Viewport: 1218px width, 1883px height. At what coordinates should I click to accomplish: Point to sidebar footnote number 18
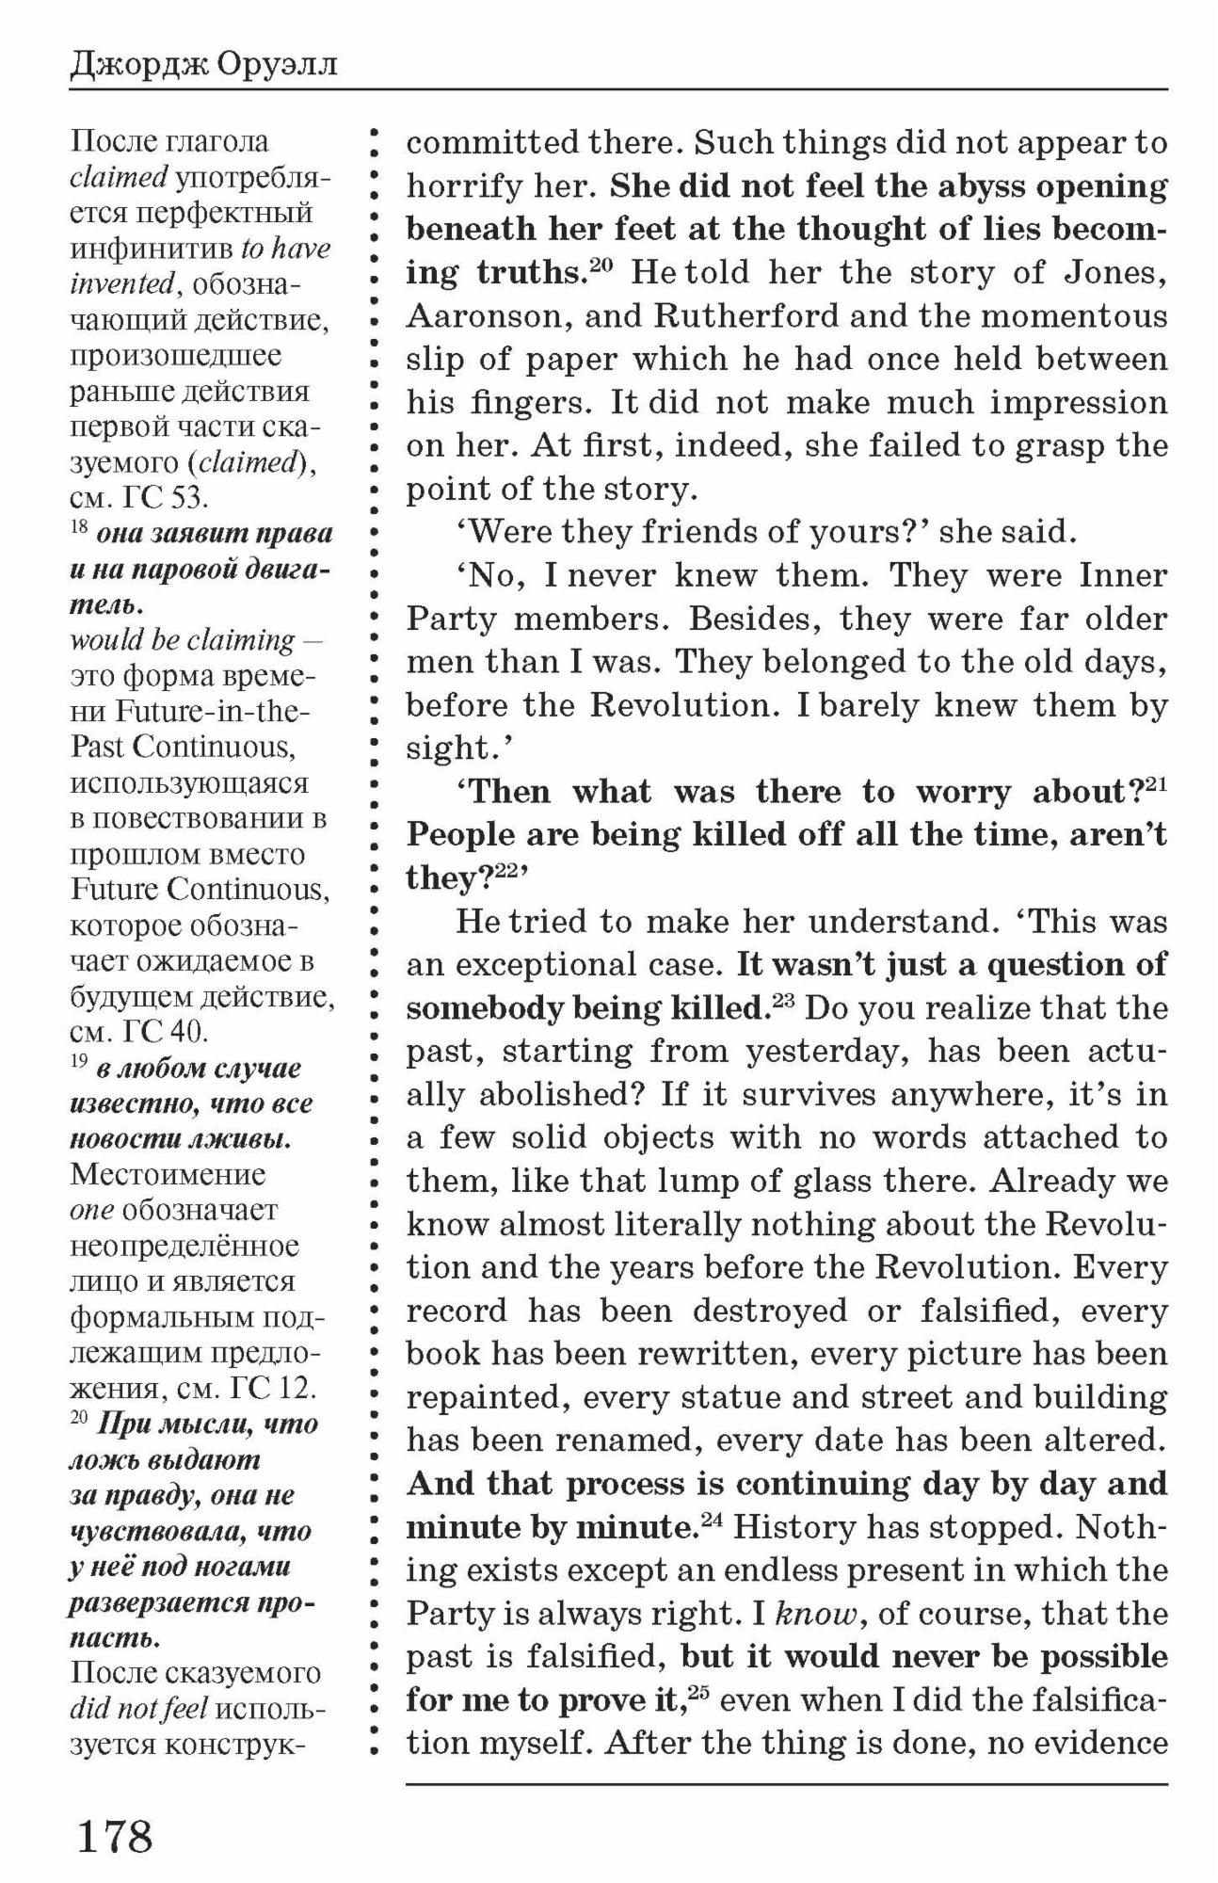click(79, 527)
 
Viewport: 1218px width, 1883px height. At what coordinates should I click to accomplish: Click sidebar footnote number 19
click(79, 1062)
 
